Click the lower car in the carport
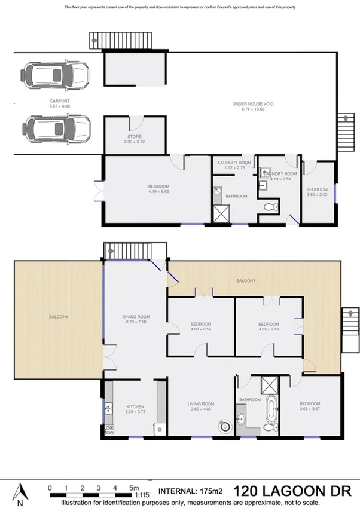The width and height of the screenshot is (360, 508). [55, 127]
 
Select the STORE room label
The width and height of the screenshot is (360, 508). [134, 137]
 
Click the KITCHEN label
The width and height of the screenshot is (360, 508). [134, 407]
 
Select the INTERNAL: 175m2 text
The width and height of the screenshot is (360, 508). [190, 491]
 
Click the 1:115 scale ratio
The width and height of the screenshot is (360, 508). [143, 495]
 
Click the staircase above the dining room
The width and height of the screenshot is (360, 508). [118, 251]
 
